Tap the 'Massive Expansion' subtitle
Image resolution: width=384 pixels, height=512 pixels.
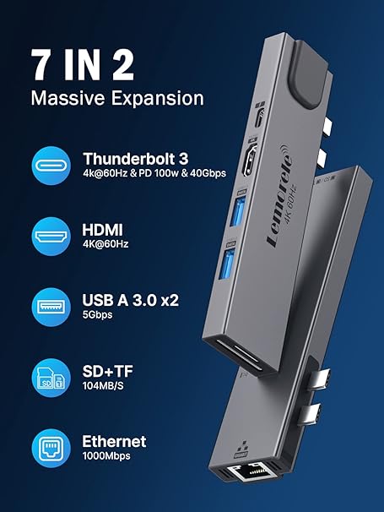click(x=116, y=97)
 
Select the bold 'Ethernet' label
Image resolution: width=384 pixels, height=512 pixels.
click(x=114, y=441)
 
